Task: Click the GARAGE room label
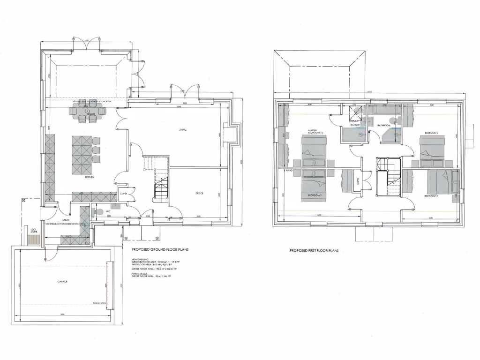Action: (63, 282)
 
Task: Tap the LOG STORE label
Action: (34, 230)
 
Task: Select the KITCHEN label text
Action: (90, 177)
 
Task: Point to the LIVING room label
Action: (183, 129)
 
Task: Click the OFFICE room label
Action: (199, 193)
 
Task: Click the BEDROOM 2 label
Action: (431, 133)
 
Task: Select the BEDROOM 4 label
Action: (431, 195)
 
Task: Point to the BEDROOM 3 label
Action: (314, 195)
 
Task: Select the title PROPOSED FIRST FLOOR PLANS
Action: (314, 251)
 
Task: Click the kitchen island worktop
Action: (80, 155)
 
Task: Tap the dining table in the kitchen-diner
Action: (89, 111)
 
